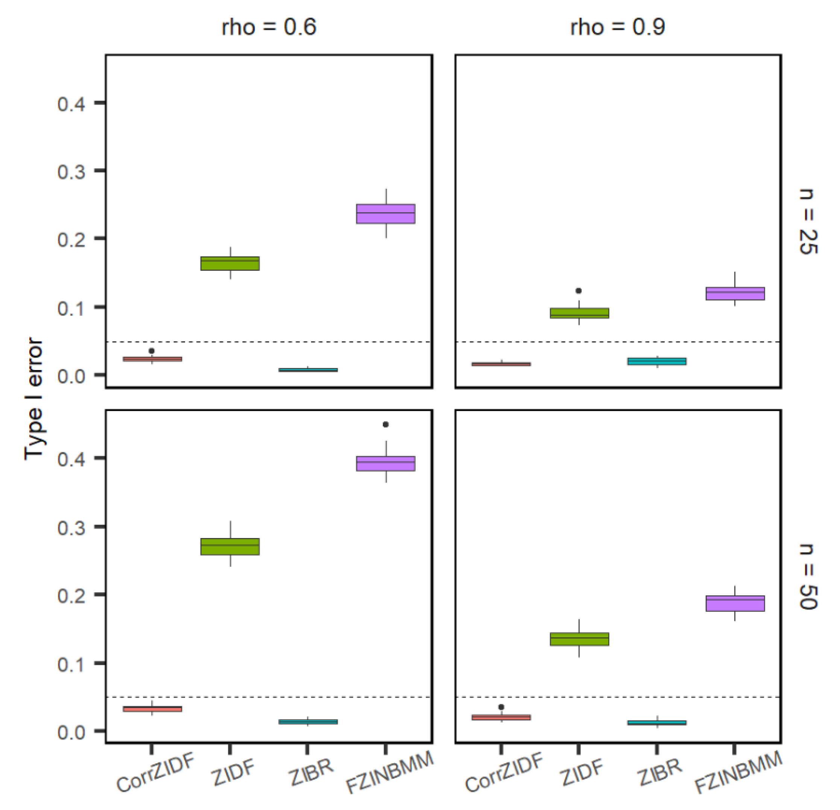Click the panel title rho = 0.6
[x=269, y=27]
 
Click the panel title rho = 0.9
[x=617, y=27]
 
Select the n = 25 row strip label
[x=808, y=221]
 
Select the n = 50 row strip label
[x=808, y=576]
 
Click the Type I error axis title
[x=34, y=398]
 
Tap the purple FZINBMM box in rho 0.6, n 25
[x=386, y=214]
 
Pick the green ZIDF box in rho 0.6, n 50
[x=230, y=546]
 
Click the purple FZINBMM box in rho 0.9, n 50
[x=735, y=603]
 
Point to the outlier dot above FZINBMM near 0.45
[x=386, y=425]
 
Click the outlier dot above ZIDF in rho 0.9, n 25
[x=579, y=291]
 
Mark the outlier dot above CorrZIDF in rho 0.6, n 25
[x=152, y=351]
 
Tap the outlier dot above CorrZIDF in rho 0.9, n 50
[x=501, y=707]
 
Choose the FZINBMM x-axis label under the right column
[x=738, y=772]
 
